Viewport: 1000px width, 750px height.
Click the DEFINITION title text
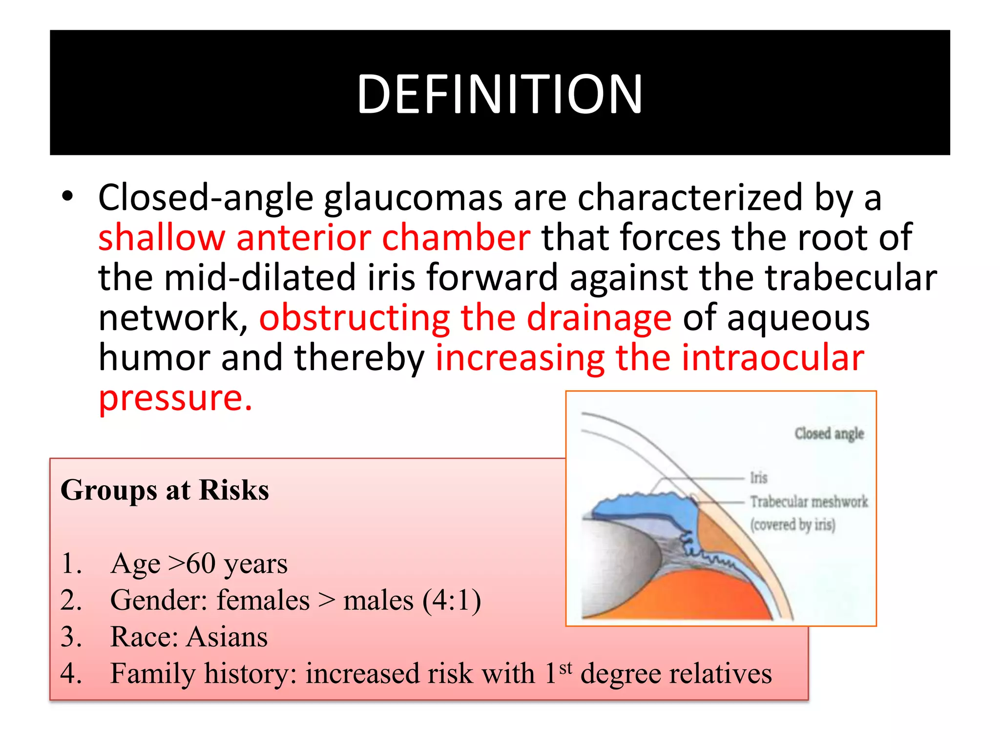[x=500, y=94]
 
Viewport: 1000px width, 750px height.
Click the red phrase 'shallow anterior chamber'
[x=314, y=238]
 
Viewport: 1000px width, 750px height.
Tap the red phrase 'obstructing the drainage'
[x=465, y=318]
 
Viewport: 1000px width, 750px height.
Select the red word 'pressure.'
[x=175, y=398]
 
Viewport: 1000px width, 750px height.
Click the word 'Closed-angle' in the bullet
[x=205, y=198]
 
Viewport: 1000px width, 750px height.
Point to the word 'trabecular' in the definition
[x=850, y=278]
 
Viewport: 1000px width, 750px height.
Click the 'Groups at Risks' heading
[x=165, y=490]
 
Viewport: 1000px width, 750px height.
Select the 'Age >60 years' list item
[x=199, y=564]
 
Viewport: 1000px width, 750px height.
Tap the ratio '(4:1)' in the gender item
[x=452, y=601]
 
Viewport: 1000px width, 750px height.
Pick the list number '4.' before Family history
[x=71, y=674]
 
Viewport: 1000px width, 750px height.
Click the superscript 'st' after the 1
[x=565, y=667]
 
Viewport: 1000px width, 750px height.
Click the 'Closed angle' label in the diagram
[x=829, y=434]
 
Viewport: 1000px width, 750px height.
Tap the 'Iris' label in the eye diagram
[x=758, y=478]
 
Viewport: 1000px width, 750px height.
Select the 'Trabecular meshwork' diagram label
[x=809, y=501]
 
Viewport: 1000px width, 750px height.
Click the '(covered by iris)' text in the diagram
[x=792, y=524]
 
